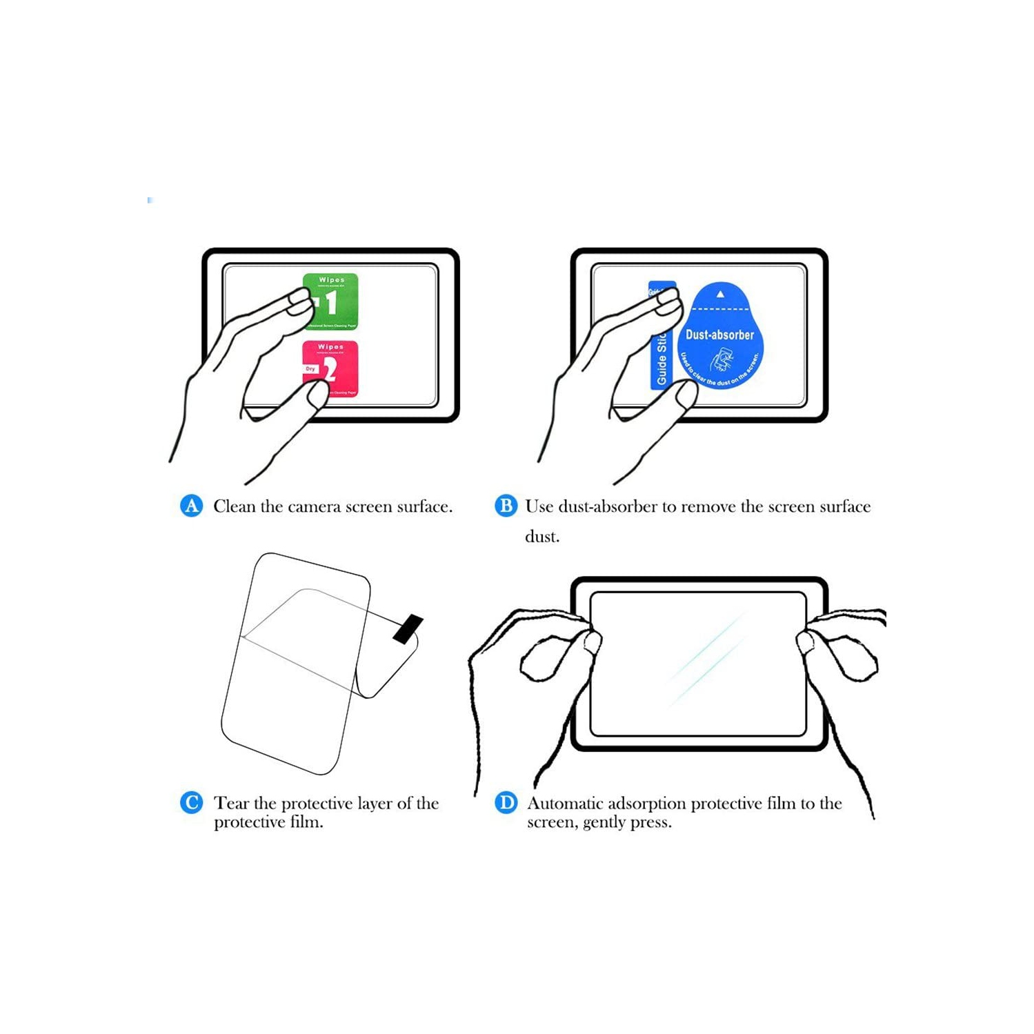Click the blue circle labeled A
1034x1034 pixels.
191,506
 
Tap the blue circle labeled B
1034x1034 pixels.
506,506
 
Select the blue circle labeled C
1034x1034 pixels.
191,803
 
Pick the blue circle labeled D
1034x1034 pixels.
506,803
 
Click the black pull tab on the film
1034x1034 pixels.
408,628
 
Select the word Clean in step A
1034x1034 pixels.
234,506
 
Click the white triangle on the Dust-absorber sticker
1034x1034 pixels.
720,295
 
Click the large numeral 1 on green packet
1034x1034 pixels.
332,302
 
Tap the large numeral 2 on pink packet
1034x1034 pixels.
330,370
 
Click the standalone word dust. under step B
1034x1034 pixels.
542,537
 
